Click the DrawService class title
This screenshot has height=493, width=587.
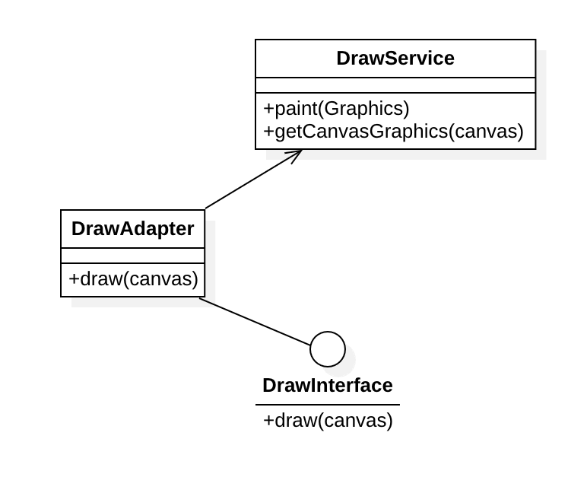(x=395, y=59)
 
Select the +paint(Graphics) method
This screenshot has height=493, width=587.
(x=336, y=109)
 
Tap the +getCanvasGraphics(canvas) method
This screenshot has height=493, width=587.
(x=393, y=132)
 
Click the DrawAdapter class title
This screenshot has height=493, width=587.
(x=133, y=229)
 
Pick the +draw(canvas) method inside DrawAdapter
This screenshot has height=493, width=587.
(x=133, y=279)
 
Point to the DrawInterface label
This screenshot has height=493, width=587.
(x=327, y=386)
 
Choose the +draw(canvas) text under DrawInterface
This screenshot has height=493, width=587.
(x=328, y=421)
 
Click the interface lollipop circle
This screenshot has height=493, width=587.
(x=328, y=349)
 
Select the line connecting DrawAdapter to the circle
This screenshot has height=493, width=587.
(x=255, y=322)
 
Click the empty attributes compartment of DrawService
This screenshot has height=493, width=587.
(x=395, y=85)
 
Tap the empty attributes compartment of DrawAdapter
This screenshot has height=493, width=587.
(x=133, y=256)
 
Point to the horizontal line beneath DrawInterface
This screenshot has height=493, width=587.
(x=327, y=405)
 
